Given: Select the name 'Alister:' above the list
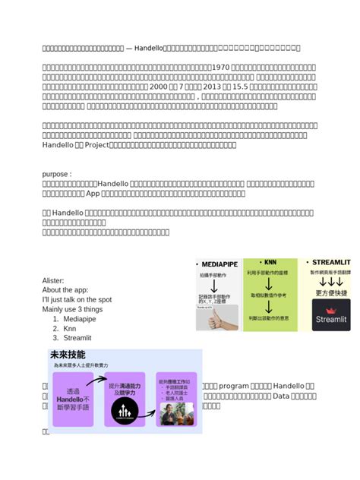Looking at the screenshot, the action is tap(53, 280).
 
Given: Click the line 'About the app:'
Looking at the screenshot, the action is tap(67, 290).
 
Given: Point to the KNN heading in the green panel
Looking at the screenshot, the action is tap(270, 262).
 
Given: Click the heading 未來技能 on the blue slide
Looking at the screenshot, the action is tap(68, 355).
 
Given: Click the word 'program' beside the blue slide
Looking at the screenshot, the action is tap(235, 386).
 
